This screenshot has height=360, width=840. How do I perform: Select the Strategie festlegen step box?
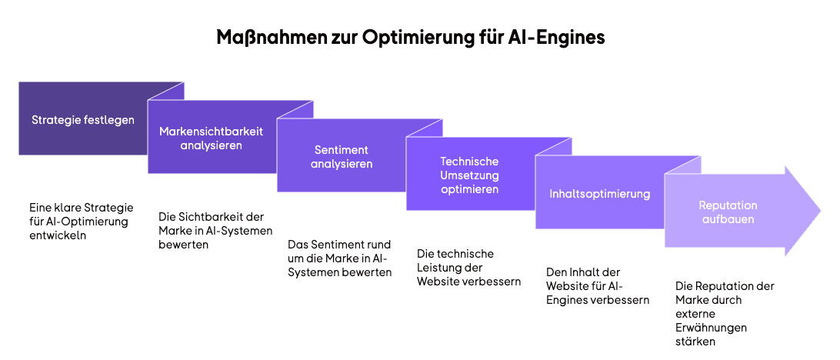point(83,120)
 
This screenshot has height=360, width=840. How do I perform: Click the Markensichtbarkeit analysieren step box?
point(211,138)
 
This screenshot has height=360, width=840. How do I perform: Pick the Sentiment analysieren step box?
point(341,157)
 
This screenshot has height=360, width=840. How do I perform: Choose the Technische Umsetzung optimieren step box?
point(469,175)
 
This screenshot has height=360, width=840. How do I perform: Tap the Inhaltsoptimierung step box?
point(599,194)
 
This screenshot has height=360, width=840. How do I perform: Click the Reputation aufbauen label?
point(728,212)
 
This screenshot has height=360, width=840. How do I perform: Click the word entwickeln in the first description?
point(58,236)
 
